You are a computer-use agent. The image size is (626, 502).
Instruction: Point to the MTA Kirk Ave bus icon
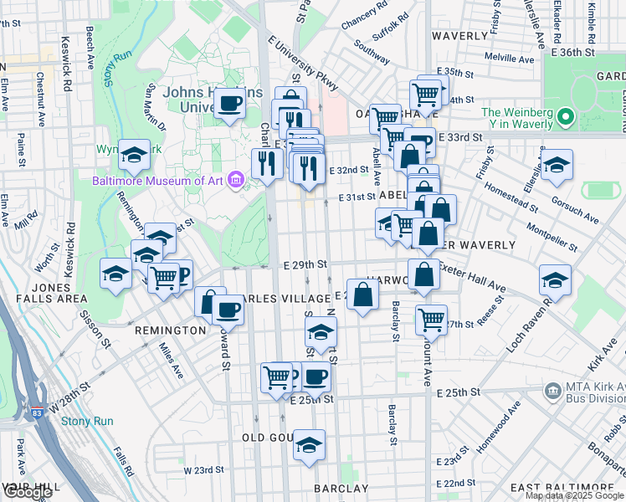point(552,391)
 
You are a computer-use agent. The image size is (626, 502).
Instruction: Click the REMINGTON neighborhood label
point(170,330)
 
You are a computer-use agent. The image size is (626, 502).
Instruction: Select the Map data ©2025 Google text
point(574,495)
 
